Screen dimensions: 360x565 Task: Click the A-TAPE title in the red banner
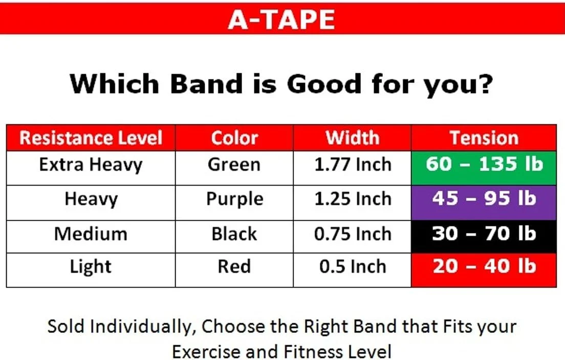click(281, 19)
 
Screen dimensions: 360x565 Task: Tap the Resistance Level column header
click(91, 138)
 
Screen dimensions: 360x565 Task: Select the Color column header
click(234, 138)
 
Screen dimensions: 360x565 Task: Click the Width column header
click(352, 138)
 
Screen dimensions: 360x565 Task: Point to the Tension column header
click(484, 138)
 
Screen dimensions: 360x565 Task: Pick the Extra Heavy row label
click(91, 165)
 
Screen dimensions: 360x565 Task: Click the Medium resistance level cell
click(91, 234)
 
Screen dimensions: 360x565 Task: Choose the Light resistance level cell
click(91, 267)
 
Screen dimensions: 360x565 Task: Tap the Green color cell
click(234, 165)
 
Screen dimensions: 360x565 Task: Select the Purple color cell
click(234, 199)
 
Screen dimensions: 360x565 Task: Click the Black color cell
click(234, 234)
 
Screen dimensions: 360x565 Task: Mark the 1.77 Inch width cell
click(352, 165)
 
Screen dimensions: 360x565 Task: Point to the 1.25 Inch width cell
click(352, 199)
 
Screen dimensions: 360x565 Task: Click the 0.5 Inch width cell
click(352, 267)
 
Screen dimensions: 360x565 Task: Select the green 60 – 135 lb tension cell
click(484, 165)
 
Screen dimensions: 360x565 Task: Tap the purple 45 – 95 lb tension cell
click(484, 199)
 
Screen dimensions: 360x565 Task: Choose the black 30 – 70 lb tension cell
click(484, 234)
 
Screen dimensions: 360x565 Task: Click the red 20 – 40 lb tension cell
click(484, 267)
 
